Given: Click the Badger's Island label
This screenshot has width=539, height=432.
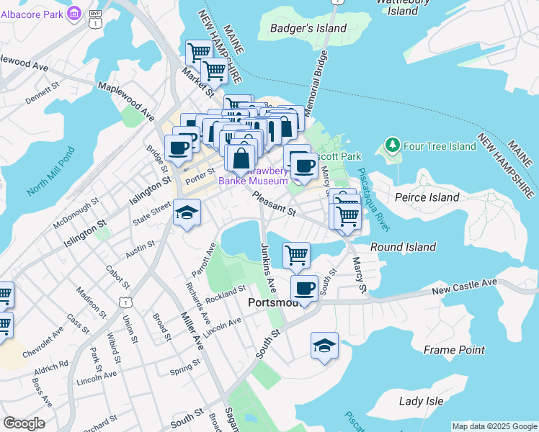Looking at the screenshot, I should coord(308,28).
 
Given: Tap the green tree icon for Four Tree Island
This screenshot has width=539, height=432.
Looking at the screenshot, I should coord(393,146).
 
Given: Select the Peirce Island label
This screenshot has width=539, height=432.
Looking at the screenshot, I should coord(427,197).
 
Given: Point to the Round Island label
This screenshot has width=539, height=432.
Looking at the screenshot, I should coord(403,247).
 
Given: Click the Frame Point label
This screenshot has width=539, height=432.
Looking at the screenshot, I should coord(454,350).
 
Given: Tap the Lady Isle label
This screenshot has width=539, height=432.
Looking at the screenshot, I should coord(421,401).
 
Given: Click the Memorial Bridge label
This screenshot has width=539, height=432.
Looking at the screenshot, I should coord(316,83).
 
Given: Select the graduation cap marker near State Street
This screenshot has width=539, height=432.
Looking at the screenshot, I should coord(187,213).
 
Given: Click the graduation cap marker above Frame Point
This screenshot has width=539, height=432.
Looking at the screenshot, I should coord(324,346).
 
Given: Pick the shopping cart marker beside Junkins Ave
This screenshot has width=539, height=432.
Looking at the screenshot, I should coord(296,254).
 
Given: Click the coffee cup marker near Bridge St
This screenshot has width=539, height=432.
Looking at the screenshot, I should coord(178,148).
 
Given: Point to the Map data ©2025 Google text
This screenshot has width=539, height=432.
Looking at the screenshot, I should coord(494,426).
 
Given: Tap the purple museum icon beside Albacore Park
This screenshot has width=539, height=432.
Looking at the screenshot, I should coord(73,13).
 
